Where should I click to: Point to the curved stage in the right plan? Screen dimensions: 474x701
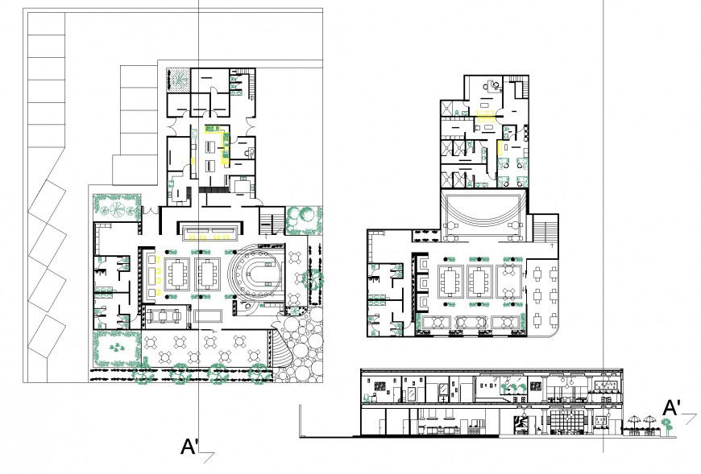(x=481, y=213)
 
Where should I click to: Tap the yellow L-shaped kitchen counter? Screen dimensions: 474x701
(x=214, y=145)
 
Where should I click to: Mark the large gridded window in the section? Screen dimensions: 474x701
(x=573, y=420)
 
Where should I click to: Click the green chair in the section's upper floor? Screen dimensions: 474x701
(x=510, y=389)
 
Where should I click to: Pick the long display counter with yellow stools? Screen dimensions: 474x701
(x=212, y=233)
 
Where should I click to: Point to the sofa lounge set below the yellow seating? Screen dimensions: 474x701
(x=168, y=315)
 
